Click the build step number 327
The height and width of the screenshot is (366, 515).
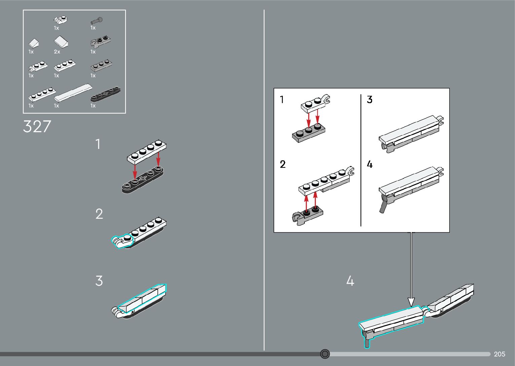point(37,127)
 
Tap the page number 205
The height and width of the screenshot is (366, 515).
point(500,354)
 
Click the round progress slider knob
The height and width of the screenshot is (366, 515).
point(325,354)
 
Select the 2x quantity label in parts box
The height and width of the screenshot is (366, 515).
point(57,52)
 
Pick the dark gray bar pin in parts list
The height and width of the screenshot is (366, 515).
point(97,21)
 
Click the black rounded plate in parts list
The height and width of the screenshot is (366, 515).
point(105,94)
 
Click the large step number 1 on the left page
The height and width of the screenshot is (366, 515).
point(98,145)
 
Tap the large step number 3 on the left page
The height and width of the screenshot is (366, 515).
point(99,281)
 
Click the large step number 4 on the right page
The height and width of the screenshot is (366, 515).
point(350,281)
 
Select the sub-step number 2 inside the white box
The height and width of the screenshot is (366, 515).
point(283,164)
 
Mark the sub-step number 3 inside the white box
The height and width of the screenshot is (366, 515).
point(370,100)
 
